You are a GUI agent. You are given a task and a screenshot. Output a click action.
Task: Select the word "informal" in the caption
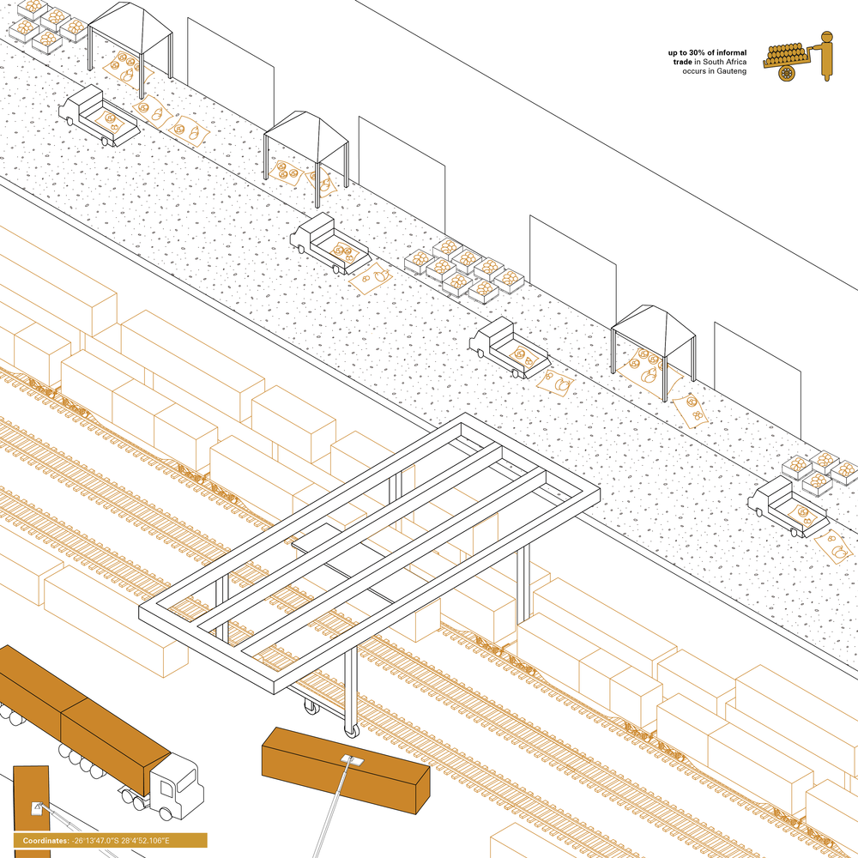(732, 53)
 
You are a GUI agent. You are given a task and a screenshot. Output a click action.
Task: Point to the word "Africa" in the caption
(736, 63)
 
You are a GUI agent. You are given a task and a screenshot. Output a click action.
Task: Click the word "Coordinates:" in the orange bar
(46, 841)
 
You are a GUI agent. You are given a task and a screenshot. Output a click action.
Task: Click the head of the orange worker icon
(827, 36)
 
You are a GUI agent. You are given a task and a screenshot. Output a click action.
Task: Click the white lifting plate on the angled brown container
(350, 759)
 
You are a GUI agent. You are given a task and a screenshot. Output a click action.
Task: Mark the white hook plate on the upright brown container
(37, 807)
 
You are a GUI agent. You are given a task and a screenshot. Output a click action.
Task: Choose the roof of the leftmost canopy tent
(130, 21)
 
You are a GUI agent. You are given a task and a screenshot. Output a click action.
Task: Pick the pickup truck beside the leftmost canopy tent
(98, 115)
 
